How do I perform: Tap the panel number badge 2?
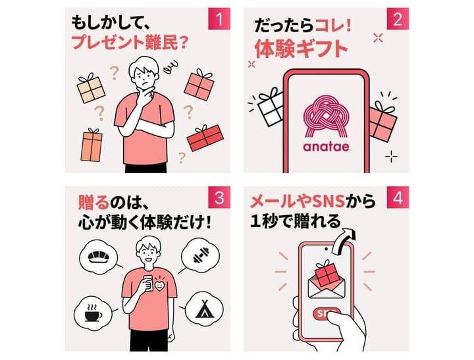(398, 18)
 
